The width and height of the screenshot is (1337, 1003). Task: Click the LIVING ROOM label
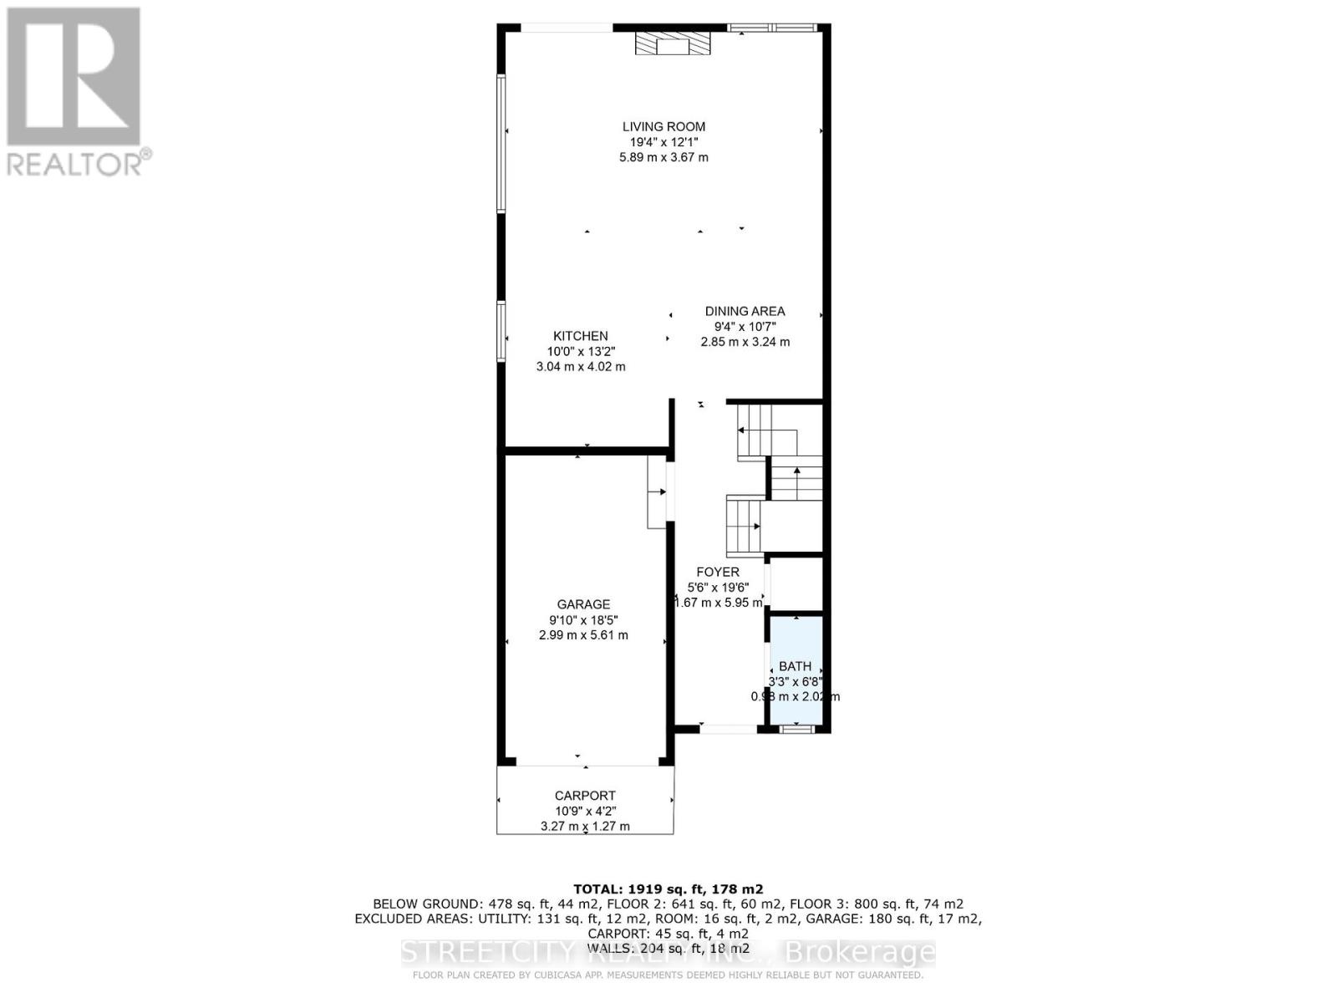pyautogui.click(x=663, y=127)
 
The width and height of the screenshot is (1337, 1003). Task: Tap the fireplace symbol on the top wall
pyautogui.click(x=673, y=43)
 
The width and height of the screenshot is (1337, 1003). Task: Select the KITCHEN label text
pyautogui.click(x=580, y=336)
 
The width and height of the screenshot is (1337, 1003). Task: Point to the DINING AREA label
pyautogui.click(x=745, y=311)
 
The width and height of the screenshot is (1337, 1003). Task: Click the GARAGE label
pyautogui.click(x=583, y=604)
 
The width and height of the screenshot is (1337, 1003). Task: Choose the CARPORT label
pyautogui.click(x=585, y=796)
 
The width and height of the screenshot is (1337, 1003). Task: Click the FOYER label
pyautogui.click(x=717, y=572)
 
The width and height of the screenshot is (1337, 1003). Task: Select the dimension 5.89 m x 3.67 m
pyautogui.click(x=663, y=157)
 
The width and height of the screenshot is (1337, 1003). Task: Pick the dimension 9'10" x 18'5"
pyautogui.click(x=583, y=620)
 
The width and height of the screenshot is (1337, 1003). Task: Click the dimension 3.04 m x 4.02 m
pyautogui.click(x=580, y=366)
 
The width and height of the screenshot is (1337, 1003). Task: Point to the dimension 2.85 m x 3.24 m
pyautogui.click(x=745, y=341)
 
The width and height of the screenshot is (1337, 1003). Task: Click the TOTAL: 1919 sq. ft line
pyautogui.click(x=668, y=889)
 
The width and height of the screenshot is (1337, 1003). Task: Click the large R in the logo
pyautogui.click(x=74, y=77)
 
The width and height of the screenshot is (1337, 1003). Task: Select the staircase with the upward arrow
pyautogui.click(x=796, y=481)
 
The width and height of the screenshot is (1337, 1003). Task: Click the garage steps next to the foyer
pyautogui.click(x=657, y=491)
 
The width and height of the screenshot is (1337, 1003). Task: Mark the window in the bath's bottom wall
pyautogui.click(x=796, y=729)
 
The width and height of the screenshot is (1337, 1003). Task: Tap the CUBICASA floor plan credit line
pyautogui.click(x=668, y=975)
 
